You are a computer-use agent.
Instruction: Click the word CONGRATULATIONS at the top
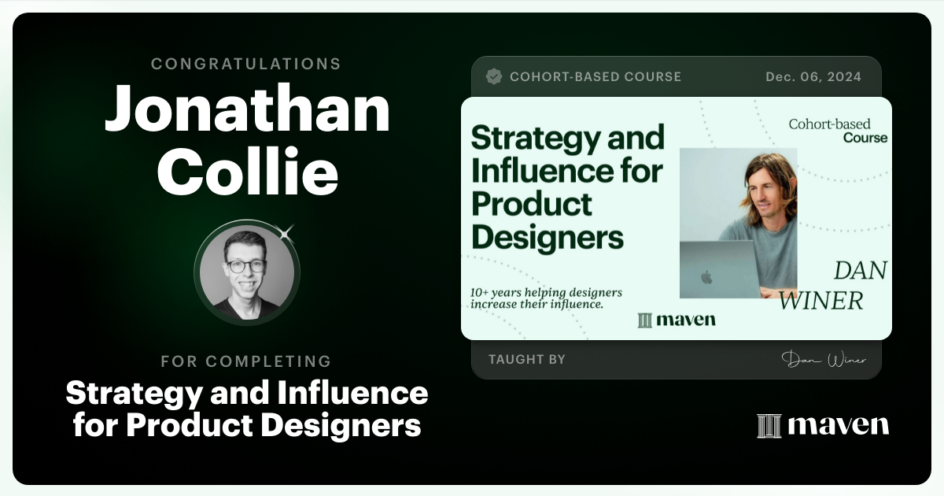point(246,64)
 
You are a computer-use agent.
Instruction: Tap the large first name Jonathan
point(247,109)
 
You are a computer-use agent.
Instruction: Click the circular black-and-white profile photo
point(246,272)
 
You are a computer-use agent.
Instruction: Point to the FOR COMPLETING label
point(246,361)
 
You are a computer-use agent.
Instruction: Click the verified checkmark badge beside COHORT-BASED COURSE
point(494,76)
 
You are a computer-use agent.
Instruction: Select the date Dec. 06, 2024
point(813,76)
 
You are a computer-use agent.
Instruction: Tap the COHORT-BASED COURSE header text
point(596,76)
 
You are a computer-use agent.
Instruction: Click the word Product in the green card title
point(531,203)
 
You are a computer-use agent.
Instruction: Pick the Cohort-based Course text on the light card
point(838,131)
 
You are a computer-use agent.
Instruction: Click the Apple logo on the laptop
point(706,276)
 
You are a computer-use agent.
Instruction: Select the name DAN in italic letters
point(860,271)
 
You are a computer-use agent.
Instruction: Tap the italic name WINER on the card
point(820,300)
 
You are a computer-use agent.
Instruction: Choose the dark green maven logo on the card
point(676,320)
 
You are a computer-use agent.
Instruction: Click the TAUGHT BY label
point(526,359)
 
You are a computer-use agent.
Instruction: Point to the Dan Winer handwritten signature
point(824,360)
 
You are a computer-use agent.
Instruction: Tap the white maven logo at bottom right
point(823,425)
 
